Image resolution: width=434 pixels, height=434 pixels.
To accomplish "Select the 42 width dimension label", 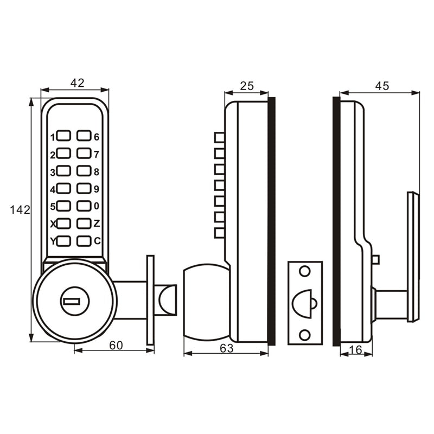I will coord(78,82).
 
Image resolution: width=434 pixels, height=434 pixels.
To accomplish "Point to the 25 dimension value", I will coord(247,86).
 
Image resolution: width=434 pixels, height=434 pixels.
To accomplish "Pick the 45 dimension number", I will coord(381,86).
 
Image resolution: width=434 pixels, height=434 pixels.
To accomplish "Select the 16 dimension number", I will coord(356,350).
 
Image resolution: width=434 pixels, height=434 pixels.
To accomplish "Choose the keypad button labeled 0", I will coord(84,206).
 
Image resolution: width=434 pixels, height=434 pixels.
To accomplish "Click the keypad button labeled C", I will coord(84,240).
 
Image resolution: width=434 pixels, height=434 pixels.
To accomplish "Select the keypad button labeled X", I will coord(64,223).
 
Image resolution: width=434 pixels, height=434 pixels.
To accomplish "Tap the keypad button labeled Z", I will coord(84,223).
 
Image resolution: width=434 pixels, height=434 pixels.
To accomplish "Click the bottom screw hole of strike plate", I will coord(304,334).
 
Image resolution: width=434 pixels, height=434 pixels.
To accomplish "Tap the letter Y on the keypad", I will coord(53,241).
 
